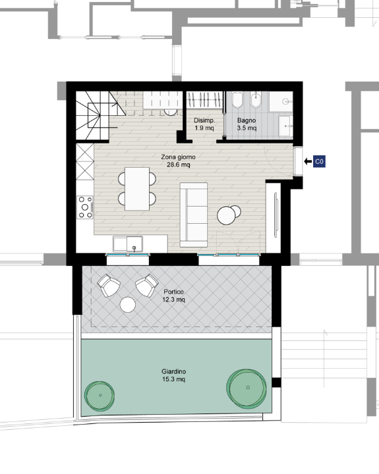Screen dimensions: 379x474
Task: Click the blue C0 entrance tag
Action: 320,161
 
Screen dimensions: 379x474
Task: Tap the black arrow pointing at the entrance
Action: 308,161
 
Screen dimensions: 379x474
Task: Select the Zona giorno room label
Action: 179,161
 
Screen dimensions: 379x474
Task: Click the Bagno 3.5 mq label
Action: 247,124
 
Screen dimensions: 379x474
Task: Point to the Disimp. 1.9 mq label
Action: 204,124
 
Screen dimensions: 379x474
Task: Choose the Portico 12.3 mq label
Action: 174,296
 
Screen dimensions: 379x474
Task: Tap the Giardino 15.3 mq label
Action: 174,375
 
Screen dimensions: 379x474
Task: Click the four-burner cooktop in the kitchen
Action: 85,207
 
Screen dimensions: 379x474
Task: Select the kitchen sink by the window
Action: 128,244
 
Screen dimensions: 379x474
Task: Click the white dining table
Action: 137,189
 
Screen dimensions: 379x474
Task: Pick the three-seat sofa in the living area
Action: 194,215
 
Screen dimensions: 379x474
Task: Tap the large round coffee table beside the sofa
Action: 226,215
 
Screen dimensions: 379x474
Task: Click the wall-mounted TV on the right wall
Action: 276,215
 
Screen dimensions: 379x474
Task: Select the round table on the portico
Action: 128,305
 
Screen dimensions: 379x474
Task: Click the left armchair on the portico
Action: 109,285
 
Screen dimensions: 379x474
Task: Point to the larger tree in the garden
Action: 247,388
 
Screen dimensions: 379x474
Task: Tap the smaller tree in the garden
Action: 100,396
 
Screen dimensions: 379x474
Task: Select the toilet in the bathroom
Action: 237,100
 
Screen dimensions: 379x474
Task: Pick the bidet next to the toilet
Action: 256,100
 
